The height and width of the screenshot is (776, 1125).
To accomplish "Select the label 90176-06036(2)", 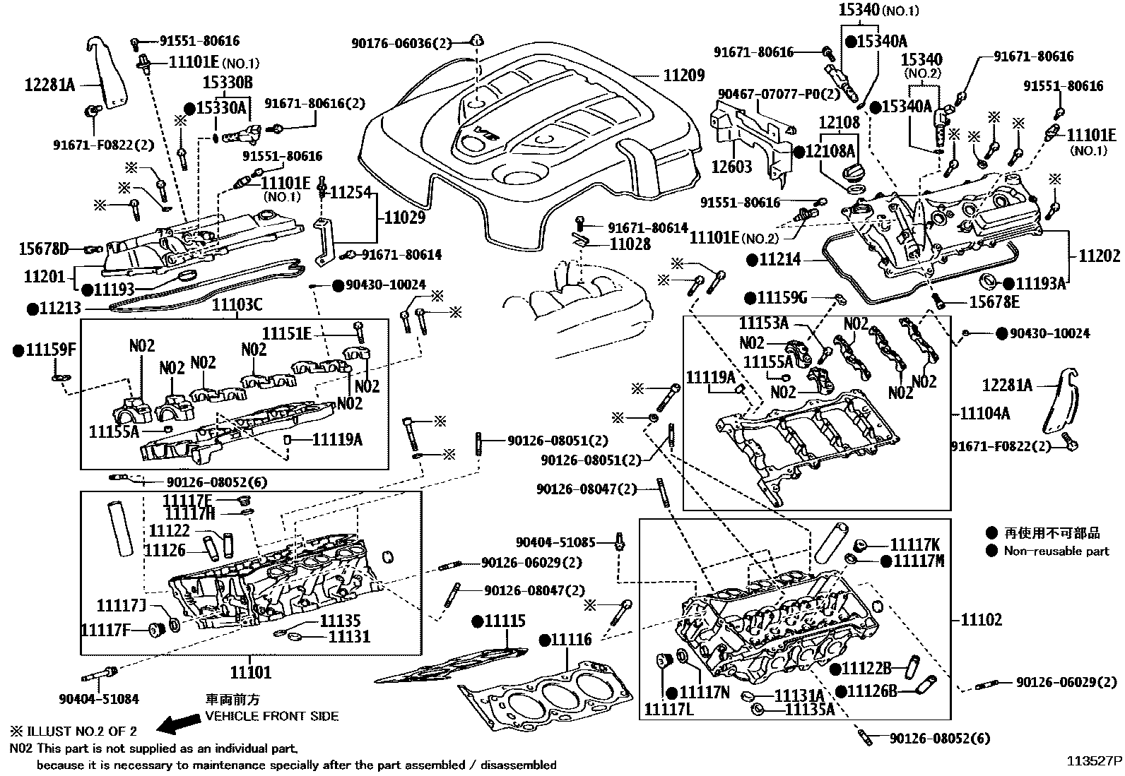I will (401, 43).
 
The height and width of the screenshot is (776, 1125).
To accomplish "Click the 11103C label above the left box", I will (237, 305).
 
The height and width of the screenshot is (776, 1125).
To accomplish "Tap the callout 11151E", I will (287, 333).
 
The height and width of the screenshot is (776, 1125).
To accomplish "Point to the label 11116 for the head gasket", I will (571, 640).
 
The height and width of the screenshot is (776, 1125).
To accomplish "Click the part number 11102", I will (982, 620).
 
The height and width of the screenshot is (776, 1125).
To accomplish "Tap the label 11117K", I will (914, 544).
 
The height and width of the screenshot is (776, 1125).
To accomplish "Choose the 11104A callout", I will (984, 413).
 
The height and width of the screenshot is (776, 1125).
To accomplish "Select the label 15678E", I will (994, 302).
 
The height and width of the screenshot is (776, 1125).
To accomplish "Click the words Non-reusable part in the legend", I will (1056, 551).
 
